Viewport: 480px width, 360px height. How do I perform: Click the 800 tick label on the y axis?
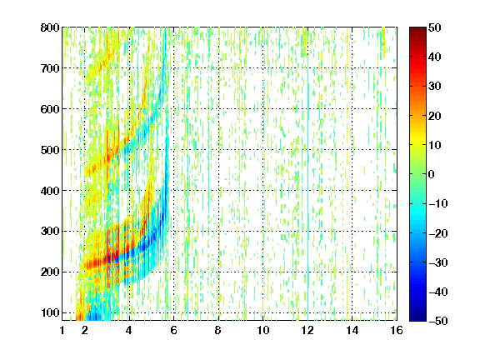pyautogui.click(x=50, y=27)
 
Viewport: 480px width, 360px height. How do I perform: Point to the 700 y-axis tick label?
pyautogui.click(x=50, y=68)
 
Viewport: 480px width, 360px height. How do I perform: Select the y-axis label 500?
pyautogui.click(x=50, y=150)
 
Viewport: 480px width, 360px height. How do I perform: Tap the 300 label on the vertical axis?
pyautogui.click(x=50, y=232)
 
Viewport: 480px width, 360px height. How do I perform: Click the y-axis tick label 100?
pyautogui.click(x=50, y=312)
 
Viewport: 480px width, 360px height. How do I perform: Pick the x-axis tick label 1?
pyautogui.click(x=62, y=330)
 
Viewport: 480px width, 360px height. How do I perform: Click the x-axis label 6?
pyautogui.click(x=173, y=330)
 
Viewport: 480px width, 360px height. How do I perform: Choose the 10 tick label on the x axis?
pyautogui.click(x=262, y=330)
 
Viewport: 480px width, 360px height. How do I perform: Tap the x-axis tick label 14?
pyautogui.click(x=352, y=330)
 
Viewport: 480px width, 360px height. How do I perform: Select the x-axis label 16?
pyautogui.click(x=397, y=330)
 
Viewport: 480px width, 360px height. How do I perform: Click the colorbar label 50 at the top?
pyautogui.click(x=434, y=27)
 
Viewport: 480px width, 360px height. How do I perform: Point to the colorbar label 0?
pyautogui.click(x=432, y=174)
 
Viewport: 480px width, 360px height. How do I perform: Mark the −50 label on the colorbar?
pyautogui.click(x=438, y=321)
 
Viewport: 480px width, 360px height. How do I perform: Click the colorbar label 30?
pyautogui.click(x=434, y=87)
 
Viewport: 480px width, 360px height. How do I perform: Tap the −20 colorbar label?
pyautogui.click(x=438, y=233)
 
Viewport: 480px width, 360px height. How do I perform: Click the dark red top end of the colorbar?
pyautogui.click(x=417, y=29)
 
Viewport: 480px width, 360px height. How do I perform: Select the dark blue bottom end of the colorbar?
pyautogui.click(x=417, y=318)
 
